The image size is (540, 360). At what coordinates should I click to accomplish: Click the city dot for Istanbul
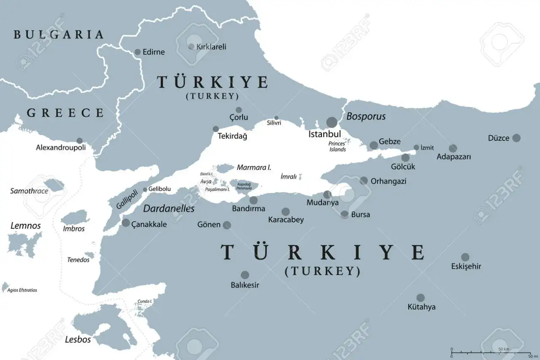coord(332,122)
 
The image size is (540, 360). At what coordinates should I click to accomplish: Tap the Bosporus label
coord(366,116)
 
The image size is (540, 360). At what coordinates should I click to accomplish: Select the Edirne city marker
coord(138,52)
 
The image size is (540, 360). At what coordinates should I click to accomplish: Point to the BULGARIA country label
coord(59,35)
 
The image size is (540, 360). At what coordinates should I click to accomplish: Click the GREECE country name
coord(65,113)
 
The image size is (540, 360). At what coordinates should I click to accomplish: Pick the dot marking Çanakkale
coord(126,223)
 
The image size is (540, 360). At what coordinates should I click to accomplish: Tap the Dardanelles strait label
coord(169,209)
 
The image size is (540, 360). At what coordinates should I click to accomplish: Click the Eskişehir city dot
coord(465,257)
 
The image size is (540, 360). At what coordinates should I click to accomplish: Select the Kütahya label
coord(421,307)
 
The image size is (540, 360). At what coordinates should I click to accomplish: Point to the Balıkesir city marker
coord(245,275)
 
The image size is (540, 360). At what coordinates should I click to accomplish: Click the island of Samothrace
coord(54,184)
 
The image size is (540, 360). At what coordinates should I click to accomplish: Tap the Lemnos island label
coord(26,226)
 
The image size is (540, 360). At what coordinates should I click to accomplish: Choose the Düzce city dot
coord(516,138)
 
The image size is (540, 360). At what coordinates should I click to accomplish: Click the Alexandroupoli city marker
coord(79,140)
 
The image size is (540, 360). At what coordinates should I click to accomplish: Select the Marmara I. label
coord(254,167)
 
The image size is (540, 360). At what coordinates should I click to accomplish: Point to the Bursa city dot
coord(345,214)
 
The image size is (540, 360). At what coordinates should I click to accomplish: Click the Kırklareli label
coord(211,46)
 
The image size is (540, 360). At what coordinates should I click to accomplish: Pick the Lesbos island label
coord(78,339)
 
